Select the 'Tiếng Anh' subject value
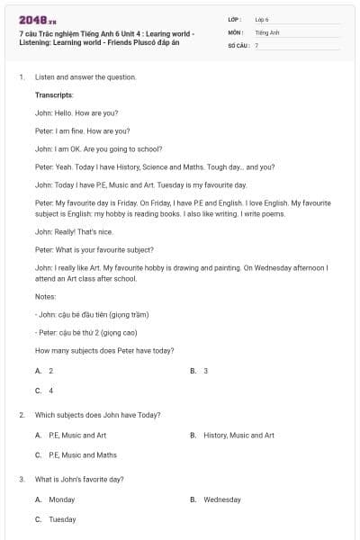click(267, 31)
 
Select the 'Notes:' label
click(45, 296)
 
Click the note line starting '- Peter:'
click(92, 332)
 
